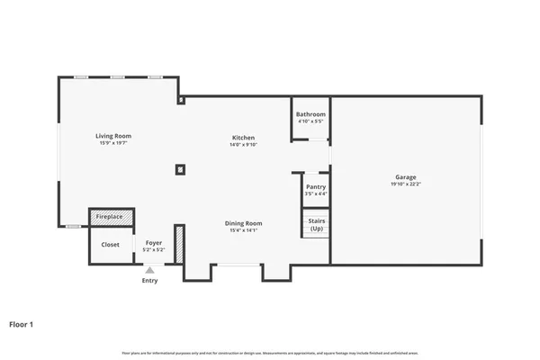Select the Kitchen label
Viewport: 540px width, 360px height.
click(x=243, y=137)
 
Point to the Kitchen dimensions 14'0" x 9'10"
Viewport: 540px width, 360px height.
click(x=243, y=144)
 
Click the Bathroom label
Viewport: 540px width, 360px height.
click(x=311, y=114)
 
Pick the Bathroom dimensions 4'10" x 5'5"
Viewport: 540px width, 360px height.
click(x=311, y=121)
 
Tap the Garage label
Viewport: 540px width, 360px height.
click(x=405, y=177)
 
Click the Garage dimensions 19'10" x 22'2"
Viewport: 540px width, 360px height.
click(x=405, y=184)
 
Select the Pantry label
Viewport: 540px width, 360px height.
click(x=316, y=186)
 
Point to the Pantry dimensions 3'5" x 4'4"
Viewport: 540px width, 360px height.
click(x=316, y=193)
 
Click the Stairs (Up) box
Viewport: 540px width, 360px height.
click(x=316, y=224)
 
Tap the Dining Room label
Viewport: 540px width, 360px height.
click(x=243, y=222)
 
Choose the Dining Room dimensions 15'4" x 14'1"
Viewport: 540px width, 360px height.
click(x=243, y=230)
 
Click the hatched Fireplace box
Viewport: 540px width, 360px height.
click(x=112, y=217)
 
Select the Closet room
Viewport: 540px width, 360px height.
click(x=110, y=245)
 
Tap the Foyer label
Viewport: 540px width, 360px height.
click(x=153, y=244)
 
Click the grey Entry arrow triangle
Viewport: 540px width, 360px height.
click(x=149, y=269)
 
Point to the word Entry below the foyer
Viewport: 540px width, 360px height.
click(x=149, y=281)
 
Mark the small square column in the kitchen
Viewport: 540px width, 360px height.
click(x=180, y=168)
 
